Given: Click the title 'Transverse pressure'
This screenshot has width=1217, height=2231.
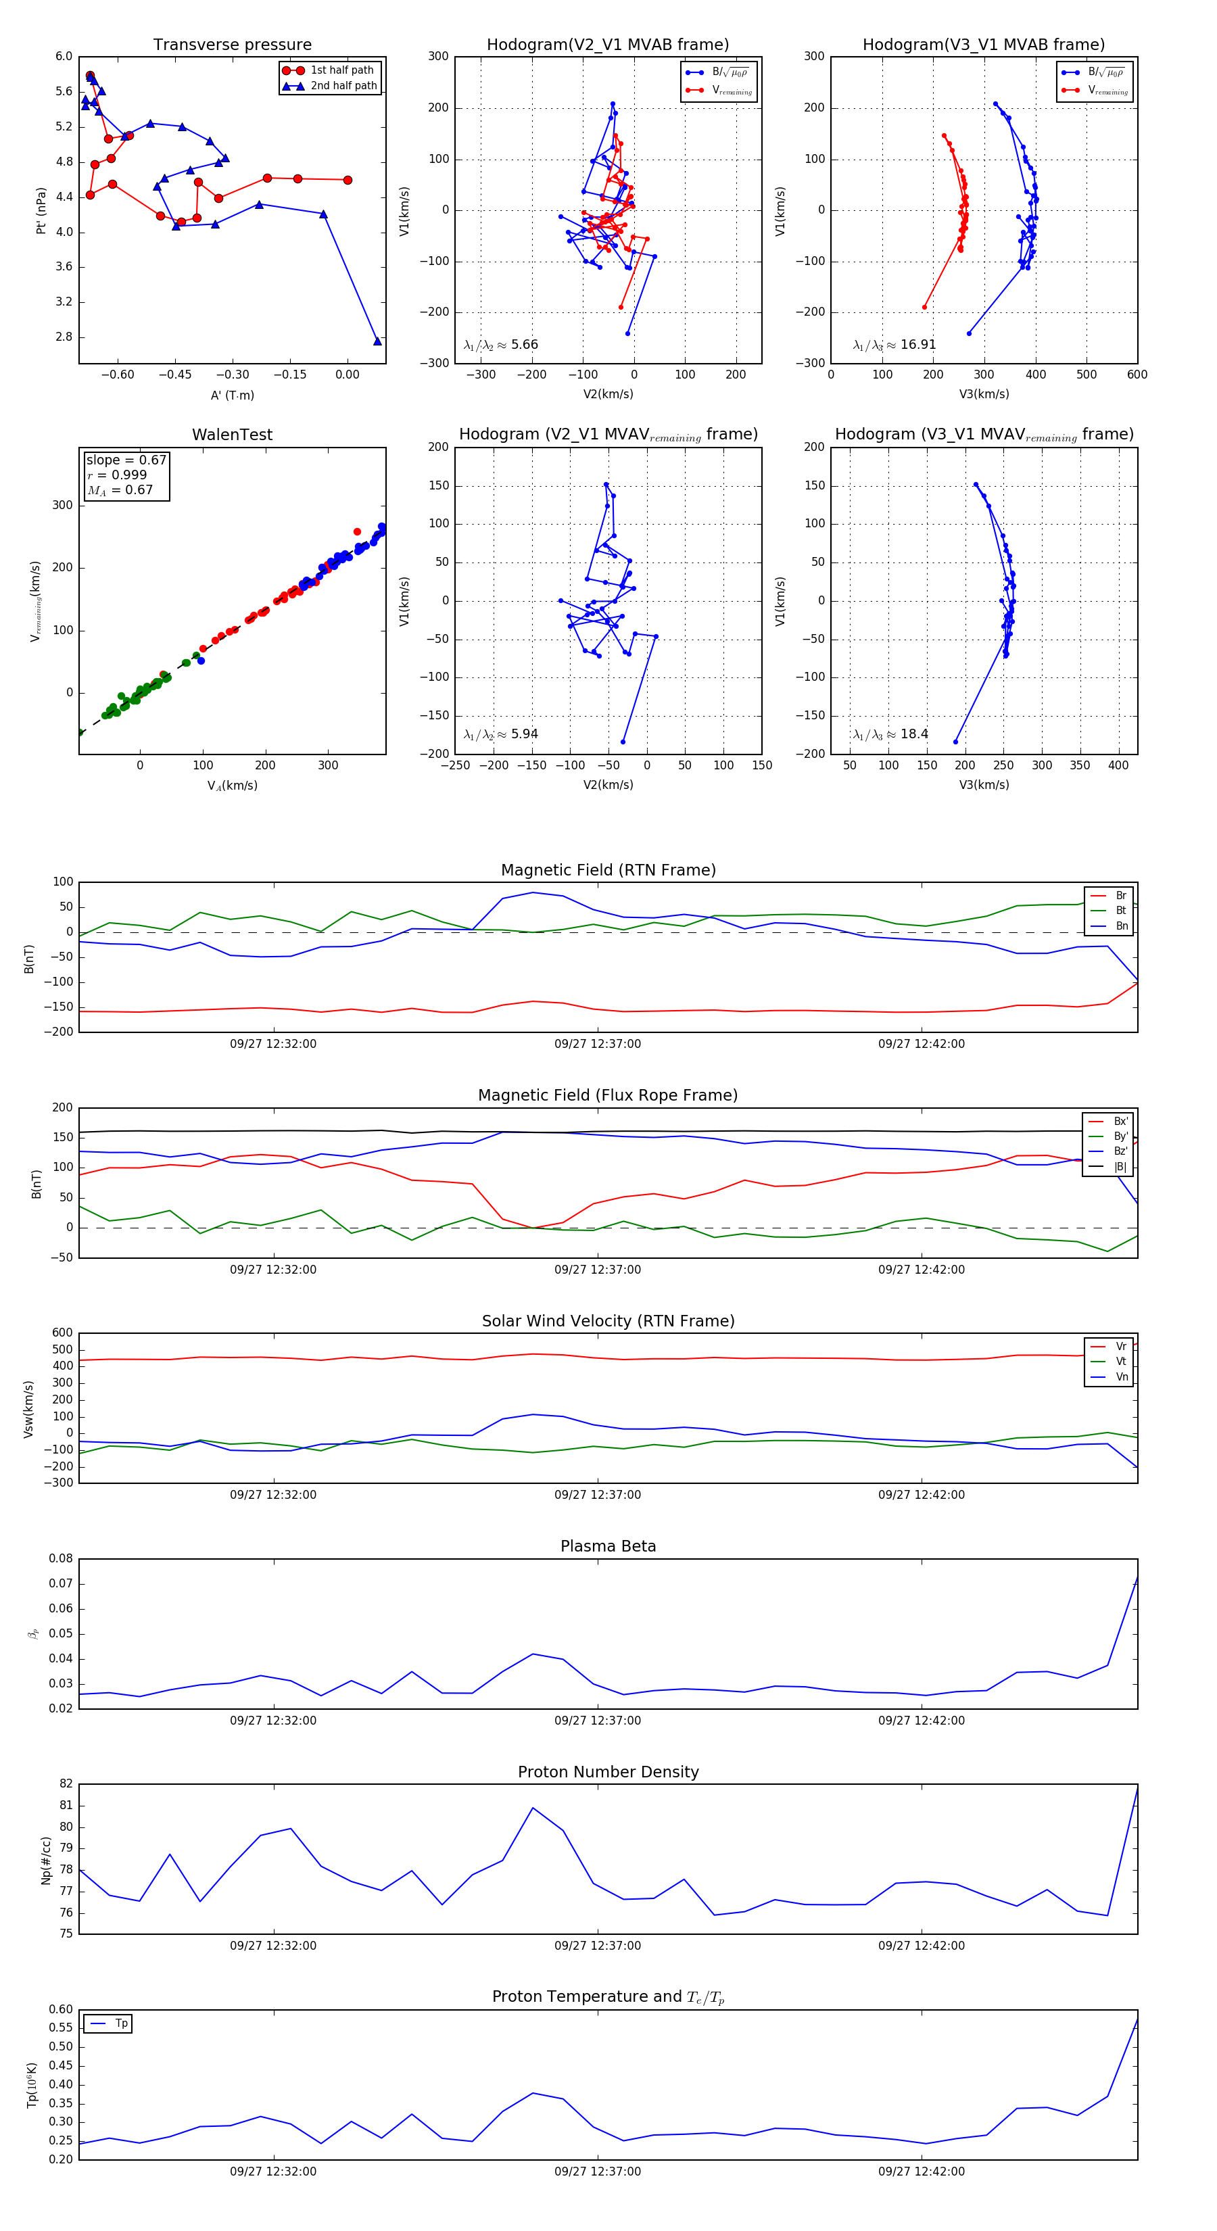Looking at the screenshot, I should tap(232, 45).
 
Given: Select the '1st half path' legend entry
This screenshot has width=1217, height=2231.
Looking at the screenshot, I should tap(341, 70).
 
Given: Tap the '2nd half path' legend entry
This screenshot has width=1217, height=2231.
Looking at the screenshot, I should tap(343, 86).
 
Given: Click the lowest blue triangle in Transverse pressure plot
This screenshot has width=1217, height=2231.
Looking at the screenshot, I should tap(377, 341).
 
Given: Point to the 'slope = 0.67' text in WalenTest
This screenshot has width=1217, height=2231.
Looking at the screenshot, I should tap(126, 460).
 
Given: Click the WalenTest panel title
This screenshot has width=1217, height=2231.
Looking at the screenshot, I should tap(232, 435).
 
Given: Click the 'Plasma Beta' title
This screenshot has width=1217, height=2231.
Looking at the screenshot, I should tap(608, 1546).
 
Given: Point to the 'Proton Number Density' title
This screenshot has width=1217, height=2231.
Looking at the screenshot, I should tap(608, 1772).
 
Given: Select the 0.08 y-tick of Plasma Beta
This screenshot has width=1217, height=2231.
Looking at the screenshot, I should tap(61, 1558).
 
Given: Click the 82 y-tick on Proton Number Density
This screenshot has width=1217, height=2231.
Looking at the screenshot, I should tap(66, 1784).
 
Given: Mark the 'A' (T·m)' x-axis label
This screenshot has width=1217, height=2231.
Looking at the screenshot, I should tap(232, 395).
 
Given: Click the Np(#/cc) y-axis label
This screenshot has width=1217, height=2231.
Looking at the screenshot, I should tap(46, 1861).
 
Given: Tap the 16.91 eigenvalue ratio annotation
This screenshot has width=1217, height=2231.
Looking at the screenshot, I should tap(917, 345).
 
